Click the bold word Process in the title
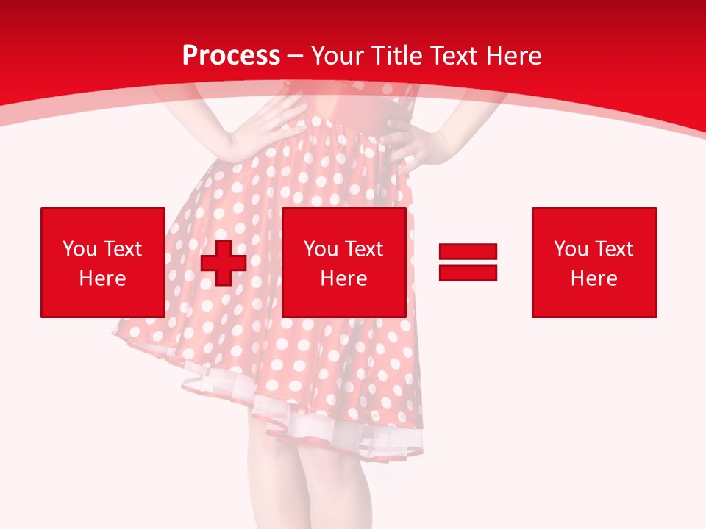[x=231, y=55]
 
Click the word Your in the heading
[x=336, y=55]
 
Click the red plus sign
[x=224, y=263]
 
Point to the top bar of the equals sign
[x=468, y=251]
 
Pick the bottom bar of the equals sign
[x=468, y=273]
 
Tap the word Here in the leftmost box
[x=102, y=278]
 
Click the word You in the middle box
[x=321, y=249]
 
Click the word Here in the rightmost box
[x=594, y=278]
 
